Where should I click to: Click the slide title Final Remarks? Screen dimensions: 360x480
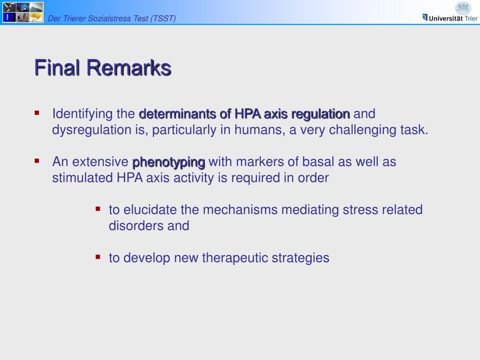pyautogui.click(x=103, y=67)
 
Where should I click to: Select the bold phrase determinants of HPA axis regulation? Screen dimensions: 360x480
pyautogui.click(x=244, y=114)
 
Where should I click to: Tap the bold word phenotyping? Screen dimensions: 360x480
pyautogui.click(x=169, y=162)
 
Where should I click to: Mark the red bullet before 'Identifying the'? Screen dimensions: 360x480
pyautogui.click(x=37, y=112)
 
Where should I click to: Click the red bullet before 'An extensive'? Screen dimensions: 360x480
pyautogui.click(x=37, y=161)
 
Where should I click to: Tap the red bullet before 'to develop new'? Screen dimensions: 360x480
pyautogui.click(x=98, y=256)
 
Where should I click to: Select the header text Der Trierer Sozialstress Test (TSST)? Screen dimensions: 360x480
pyautogui.click(x=112, y=18)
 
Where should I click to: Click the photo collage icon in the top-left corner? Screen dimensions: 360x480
pyautogui.click(x=23, y=12)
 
